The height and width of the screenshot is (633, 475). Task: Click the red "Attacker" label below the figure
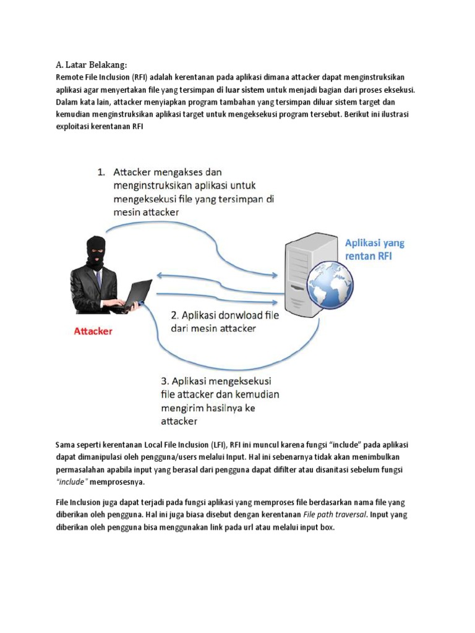coord(93,331)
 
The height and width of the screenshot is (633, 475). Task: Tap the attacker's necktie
coord(98,279)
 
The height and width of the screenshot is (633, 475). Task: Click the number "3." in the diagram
coord(165,381)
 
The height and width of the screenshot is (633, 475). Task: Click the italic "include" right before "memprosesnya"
coord(72,481)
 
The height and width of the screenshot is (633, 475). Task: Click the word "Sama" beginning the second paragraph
coord(66,445)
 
